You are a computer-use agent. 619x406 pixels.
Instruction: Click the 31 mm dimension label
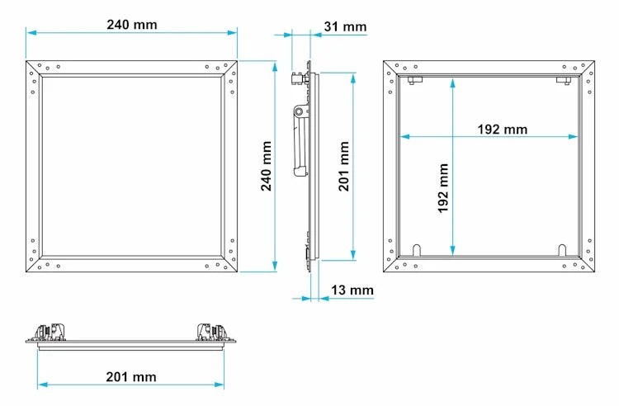click(345, 26)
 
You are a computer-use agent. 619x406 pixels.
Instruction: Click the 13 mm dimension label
click(352, 290)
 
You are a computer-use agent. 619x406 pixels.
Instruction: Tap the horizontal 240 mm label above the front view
click(132, 25)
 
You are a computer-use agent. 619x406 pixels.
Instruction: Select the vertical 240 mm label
click(267, 166)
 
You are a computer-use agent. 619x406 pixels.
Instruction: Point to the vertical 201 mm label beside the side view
click(344, 166)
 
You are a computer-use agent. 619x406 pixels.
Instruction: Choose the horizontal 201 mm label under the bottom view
click(131, 377)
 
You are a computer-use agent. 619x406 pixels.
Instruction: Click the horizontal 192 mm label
click(502, 129)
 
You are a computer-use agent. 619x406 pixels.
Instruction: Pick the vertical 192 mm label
click(443, 188)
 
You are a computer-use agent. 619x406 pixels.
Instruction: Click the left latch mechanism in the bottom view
click(50, 332)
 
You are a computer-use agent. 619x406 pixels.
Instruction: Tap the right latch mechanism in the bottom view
click(212, 332)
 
